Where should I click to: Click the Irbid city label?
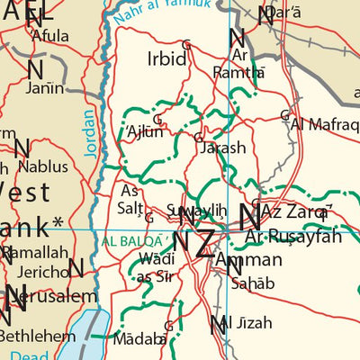166,59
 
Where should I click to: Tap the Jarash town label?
222,148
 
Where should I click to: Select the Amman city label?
249,260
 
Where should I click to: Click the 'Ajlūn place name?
145,130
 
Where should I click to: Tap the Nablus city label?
42,166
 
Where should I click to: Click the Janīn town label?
45,87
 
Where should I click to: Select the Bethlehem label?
37,336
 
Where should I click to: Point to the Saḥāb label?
254,283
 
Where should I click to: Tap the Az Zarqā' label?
298,212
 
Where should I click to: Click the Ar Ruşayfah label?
293,237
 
